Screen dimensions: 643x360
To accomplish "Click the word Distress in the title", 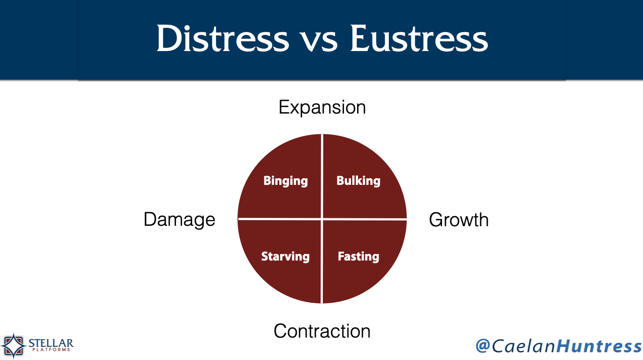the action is point(223,38).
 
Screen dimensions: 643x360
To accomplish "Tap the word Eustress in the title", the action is point(419,38).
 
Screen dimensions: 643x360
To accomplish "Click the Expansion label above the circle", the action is point(322,108).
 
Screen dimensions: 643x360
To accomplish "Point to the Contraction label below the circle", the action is point(322,331).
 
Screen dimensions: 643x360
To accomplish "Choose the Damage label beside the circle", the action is point(179,220).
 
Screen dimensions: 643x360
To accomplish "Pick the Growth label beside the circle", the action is point(459,220).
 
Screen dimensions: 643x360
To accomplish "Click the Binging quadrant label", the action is point(285,181).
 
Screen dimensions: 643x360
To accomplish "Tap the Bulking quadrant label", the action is point(358,181).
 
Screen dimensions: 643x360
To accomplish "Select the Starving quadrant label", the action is point(285,257).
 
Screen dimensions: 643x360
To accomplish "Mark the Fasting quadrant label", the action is point(358,257).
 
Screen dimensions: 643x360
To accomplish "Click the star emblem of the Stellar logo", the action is point(14,345).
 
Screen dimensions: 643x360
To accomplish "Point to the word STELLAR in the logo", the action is point(51,343).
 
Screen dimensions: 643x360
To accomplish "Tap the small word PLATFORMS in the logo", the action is point(51,349).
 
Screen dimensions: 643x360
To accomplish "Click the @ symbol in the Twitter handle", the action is point(483,345).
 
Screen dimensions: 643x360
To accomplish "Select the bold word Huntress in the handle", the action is point(599,346).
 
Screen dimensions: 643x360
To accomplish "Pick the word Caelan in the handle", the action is point(523,346).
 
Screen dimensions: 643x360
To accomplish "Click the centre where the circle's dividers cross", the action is point(322,219).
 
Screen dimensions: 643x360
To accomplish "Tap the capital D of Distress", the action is point(169,38).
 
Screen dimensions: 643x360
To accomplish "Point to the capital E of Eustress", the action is point(360,38).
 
